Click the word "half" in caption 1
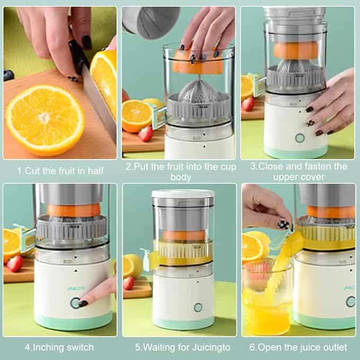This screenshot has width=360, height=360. point(95,171)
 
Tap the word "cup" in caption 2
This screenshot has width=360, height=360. point(228,167)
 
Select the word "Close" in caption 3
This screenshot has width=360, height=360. point(271,166)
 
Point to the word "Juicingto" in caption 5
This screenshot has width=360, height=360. point(211,348)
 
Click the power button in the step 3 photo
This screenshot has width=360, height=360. point(300,138)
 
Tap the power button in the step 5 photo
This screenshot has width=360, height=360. point(198,308)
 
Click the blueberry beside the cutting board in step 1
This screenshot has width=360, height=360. point(8,75)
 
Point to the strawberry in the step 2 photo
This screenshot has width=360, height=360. point(146,134)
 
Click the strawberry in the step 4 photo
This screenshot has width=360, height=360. point(15,264)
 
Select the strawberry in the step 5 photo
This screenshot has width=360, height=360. point(129,283)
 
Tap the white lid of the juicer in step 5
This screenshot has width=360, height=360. point(183,194)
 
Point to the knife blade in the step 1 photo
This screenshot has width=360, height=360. point(99,103)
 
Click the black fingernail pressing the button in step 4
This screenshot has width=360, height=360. point(83,304)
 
